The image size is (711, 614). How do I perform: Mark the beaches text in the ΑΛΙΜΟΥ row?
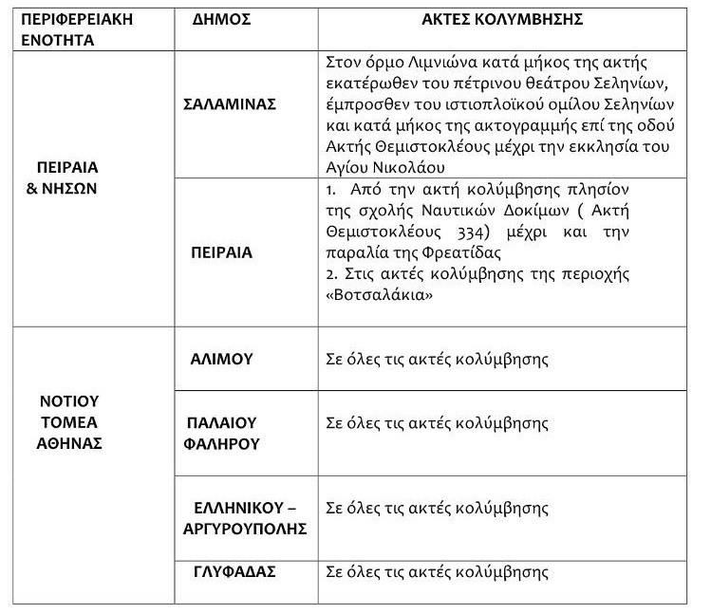(x=437, y=360)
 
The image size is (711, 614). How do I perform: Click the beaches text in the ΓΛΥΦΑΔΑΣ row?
(x=437, y=572)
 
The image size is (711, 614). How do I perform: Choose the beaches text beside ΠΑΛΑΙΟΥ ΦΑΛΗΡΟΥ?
(x=437, y=422)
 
